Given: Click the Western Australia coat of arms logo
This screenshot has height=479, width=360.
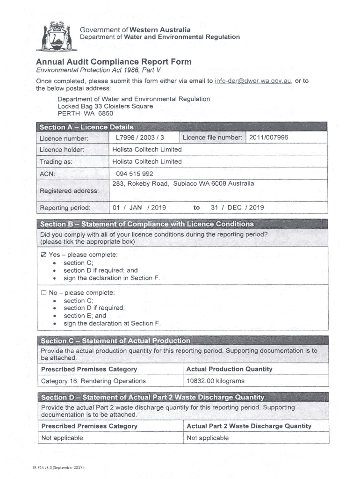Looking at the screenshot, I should pyautogui.click(x=56, y=37).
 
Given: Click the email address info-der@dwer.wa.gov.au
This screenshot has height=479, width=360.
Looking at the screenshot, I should pyautogui.click(x=253, y=81).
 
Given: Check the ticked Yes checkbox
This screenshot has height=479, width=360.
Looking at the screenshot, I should pyautogui.click(x=44, y=255).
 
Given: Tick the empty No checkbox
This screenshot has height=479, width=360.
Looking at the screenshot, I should pyautogui.click(x=44, y=293).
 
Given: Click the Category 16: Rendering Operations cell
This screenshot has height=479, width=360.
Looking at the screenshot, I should pyautogui.click(x=94, y=381).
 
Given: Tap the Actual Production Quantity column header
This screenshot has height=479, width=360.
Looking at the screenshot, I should pyautogui.click(x=229, y=369).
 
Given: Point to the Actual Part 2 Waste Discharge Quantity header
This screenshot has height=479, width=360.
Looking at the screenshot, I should pyautogui.click(x=249, y=426).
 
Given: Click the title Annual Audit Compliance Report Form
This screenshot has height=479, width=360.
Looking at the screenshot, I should pyautogui.click(x=114, y=62).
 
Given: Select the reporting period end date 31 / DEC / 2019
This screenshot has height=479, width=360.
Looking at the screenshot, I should pyautogui.click(x=237, y=208).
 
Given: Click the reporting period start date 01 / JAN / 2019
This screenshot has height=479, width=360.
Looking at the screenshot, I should pyautogui.click(x=139, y=208).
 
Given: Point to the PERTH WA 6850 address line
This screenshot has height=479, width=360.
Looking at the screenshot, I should pyautogui.click(x=85, y=113).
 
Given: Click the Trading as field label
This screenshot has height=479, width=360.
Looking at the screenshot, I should pyautogui.click(x=56, y=161).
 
